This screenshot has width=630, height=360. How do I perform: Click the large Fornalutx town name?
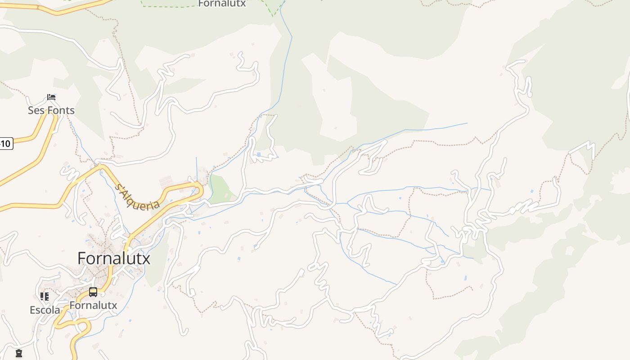[114, 258]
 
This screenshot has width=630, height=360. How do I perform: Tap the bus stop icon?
[93, 292]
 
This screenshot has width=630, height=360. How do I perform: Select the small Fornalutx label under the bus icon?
[93, 306]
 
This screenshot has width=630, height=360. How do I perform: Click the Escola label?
[45, 310]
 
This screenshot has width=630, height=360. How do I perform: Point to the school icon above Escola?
[45, 296]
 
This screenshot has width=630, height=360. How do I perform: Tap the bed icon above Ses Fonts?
[51, 97]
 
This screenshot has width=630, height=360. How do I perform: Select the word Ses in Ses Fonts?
[36, 110]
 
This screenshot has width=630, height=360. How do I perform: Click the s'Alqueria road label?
[137, 197]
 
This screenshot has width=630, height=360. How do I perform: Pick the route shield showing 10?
[5, 144]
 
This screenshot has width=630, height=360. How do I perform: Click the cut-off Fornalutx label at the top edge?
[222, 4]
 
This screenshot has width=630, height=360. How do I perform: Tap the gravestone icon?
[19, 353]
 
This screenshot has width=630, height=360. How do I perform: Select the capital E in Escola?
[32, 310]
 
